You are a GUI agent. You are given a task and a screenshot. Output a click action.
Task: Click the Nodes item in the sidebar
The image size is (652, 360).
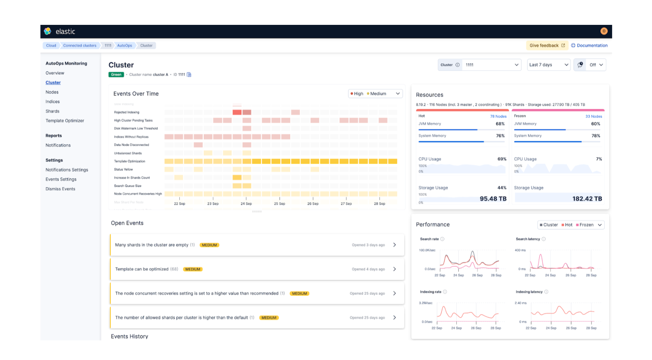point(52,92)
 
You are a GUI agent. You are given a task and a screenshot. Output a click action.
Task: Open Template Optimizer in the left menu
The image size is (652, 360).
point(65,121)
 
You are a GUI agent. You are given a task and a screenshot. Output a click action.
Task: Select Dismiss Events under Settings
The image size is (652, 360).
point(60,189)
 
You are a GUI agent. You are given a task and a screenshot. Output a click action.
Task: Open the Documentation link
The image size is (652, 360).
point(592,46)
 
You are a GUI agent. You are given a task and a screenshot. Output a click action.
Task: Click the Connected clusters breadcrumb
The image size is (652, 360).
point(79,46)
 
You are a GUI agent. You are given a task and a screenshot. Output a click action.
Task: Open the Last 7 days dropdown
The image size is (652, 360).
point(548,65)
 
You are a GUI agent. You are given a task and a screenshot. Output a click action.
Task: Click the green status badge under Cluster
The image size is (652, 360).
point(116,75)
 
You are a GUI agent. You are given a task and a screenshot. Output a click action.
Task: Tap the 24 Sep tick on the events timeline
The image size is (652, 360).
point(246,203)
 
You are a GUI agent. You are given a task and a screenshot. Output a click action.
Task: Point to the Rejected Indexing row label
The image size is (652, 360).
point(127,112)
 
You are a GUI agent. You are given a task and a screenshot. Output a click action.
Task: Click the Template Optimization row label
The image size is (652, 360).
point(130,161)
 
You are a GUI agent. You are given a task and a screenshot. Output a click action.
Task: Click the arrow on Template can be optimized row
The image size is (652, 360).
point(394,269)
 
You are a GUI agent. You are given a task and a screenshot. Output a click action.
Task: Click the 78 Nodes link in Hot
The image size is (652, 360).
point(498,116)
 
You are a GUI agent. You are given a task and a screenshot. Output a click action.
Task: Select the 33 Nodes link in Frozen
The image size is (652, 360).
point(593,116)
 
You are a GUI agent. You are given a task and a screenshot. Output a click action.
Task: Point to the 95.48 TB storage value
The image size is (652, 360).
point(493,199)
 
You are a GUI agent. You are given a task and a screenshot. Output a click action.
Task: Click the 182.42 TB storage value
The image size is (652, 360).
point(587,199)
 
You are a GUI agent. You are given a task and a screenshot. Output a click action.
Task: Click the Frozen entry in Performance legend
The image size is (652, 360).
point(586,225)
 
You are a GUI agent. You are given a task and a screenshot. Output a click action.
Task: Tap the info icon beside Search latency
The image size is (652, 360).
point(544,239)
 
